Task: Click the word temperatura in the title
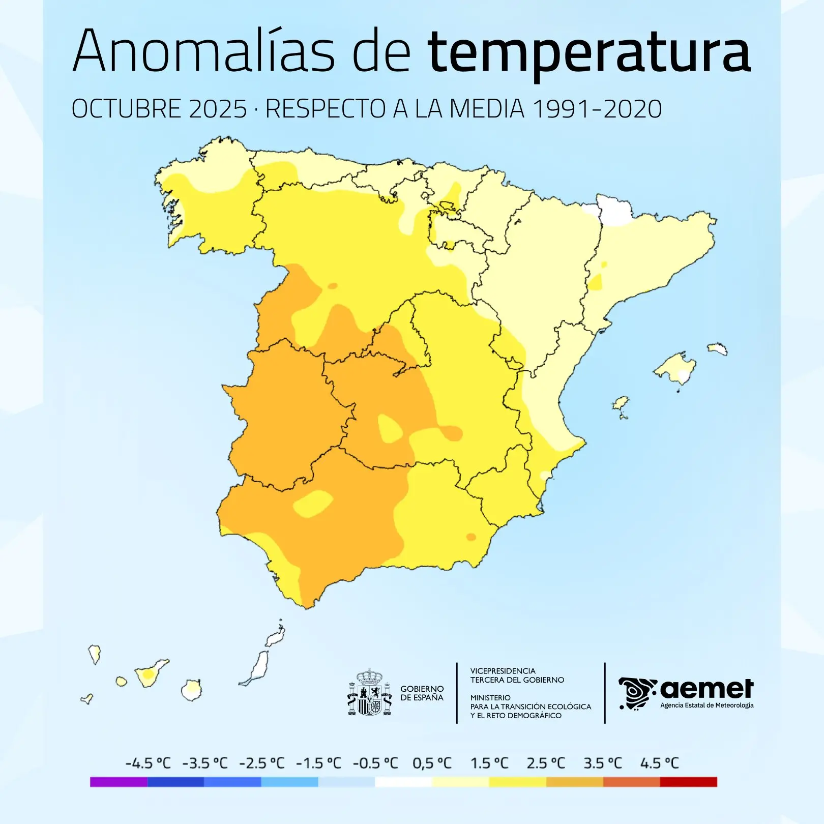point(588,52)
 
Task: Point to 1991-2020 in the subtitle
point(597,109)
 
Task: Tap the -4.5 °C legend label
point(148,763)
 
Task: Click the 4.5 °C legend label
point(659,763)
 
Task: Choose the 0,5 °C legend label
point(432,763)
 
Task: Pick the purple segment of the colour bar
point(119,782)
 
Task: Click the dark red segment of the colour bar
point(688,782)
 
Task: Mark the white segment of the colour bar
point(403,782)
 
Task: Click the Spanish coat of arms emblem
point(370,693)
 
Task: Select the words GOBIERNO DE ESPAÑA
point(422,693)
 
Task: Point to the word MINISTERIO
point(490,697)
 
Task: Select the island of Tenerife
point(150,674)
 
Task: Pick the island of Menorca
point(717,348)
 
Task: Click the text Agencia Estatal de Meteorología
point(707,705)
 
